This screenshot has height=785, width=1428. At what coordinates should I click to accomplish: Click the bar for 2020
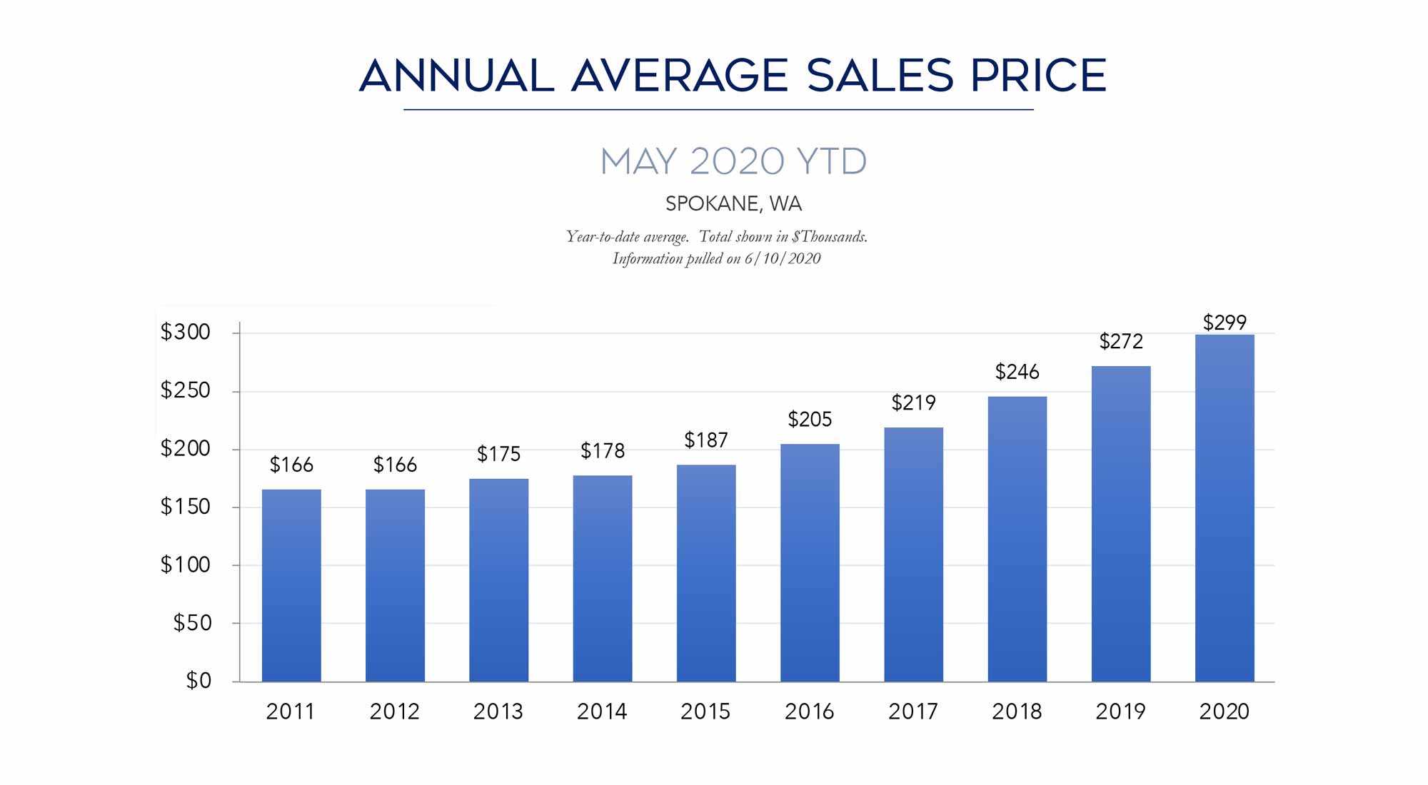(x=1224, y=508)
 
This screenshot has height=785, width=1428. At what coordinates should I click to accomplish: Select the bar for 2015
(x=705, y=573)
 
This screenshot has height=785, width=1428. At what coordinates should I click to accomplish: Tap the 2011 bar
(x=291, y=585)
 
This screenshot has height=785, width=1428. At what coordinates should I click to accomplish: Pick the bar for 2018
(x=1017, y=539)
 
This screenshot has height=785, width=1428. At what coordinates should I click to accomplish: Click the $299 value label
(x=1224, y=323)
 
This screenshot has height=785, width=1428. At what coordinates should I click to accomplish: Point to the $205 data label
(x=810, y=419)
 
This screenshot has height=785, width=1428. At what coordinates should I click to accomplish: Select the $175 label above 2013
(x=498, y=454)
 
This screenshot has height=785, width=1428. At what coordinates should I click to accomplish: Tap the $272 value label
(x=1120, y=342)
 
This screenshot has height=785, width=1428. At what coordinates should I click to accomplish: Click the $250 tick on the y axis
(x=186, y=390)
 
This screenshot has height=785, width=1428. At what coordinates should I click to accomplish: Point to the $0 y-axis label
(x=198, y=680)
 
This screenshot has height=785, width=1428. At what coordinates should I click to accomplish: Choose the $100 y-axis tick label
(x=186, y=564)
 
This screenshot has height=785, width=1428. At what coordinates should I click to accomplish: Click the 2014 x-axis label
(x=602, y=711)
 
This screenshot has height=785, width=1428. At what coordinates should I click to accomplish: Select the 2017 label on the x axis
(x=913, y=711)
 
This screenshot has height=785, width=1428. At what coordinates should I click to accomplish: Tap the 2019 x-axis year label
(x=1120, y=711)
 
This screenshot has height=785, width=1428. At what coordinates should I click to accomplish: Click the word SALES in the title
(x=880, y=76)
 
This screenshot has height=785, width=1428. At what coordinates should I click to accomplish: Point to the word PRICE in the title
(x=1038, y=76)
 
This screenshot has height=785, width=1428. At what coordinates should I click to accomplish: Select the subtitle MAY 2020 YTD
(x=733, y=161)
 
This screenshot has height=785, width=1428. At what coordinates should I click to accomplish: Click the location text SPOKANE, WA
(x=733, y=204)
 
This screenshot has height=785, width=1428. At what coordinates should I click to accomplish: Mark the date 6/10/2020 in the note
(x=783, y=258)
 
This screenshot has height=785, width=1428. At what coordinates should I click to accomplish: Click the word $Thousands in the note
(x=829, y=237)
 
